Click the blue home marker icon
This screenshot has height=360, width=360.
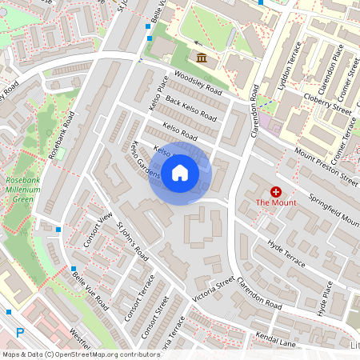180,172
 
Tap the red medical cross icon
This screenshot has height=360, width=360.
276,192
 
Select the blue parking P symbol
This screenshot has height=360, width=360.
21,332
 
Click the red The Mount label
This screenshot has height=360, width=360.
276,203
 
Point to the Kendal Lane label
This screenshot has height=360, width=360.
277,340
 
